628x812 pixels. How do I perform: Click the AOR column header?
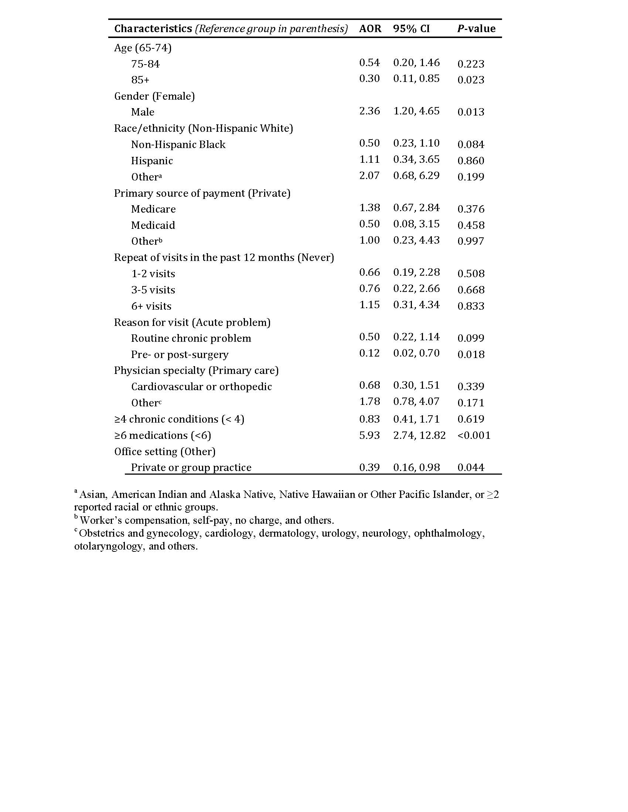click(x=370, y=29)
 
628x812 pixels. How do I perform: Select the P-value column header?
click(x=476, y=29)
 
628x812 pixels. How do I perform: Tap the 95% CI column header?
click(x=411, y=29)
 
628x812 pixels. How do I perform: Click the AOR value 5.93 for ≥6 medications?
click(x=369, y=435)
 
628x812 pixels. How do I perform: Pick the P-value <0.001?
click(x=474, y=435)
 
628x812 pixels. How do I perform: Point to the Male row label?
click(x=143, y=112)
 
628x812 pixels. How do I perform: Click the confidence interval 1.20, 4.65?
click(x=416, y=111)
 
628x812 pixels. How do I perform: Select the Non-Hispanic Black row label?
click(x=178, y=144)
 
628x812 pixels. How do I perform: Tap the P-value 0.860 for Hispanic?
click(x=471, y=161)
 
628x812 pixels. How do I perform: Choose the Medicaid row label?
click(x=153, y=225)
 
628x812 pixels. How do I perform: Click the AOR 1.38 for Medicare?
click(x=369, y=207)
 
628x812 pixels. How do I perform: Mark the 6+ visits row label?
click(x=151, y=306)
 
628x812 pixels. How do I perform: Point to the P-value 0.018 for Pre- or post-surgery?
click(x=471, y=354)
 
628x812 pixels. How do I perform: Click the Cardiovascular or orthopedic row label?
click(x=201, y=387)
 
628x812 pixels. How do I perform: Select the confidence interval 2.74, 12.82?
click(x=419, y=435)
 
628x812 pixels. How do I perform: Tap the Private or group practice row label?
click(x=191, y=467)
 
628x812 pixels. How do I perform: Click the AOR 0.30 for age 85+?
click(x=369, y=79)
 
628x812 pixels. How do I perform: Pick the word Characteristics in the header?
click(x=153, y=29)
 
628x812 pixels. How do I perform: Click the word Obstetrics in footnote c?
click(x=102, y=533)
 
